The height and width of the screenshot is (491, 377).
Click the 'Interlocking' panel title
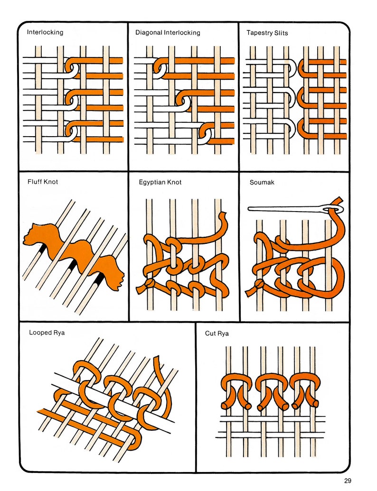tap(45, 33)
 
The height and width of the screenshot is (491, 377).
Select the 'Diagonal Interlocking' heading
tap(168, 33)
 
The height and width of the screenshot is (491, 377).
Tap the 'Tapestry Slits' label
tap(267, 33)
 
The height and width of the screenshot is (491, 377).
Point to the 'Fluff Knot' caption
tap(43, 182)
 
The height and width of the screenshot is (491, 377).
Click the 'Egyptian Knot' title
tap(160, 182)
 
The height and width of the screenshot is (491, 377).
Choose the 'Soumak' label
tap(262, 182)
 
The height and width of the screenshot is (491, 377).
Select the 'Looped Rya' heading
tap(47, 333)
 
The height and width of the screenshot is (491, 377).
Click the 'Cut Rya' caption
tap(217, 334)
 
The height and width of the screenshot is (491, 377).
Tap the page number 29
tap(348, 481)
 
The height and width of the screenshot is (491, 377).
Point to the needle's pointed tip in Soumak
tap(249, 208)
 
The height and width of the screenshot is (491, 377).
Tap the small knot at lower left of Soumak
tap(259, 284)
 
